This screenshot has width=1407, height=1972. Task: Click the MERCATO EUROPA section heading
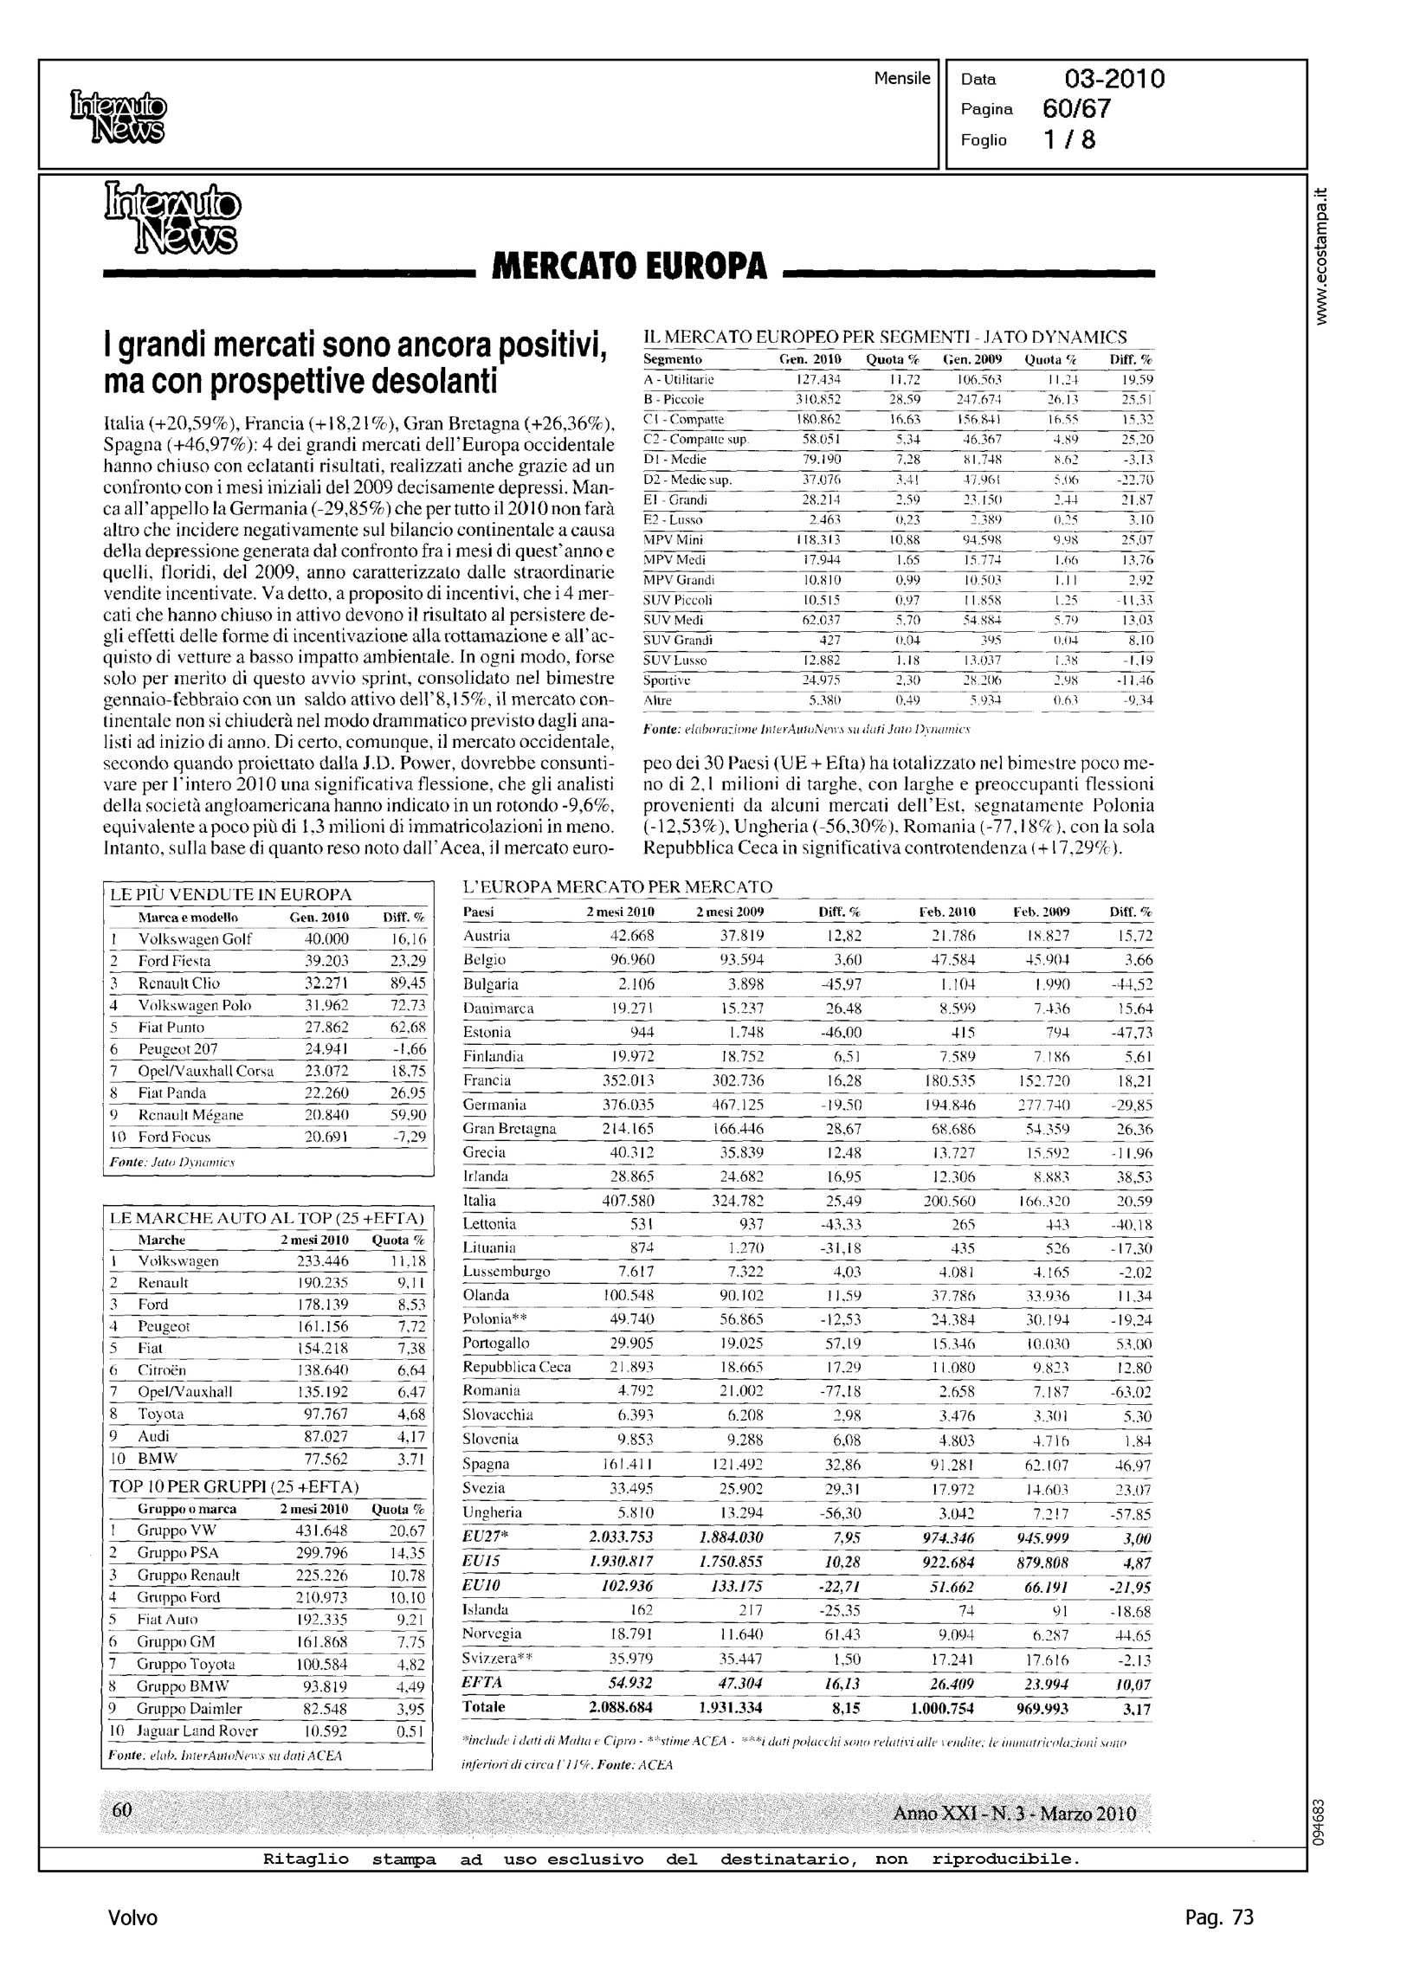[x=629, y=267]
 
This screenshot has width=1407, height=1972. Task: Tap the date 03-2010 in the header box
[x=1114, y=80]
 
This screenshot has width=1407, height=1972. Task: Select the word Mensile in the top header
[x=902, y=79]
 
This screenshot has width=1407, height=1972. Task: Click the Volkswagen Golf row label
[x=195, y=938]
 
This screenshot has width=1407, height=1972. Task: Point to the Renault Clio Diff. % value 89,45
[x=408, y=983]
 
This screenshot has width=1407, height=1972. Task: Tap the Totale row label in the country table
[x=484, y=1706]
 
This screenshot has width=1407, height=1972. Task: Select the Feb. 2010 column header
[x=947, y=912]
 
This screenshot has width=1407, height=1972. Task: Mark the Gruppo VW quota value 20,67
[x=407, y=1531]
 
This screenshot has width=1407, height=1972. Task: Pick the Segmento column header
[x=672, y=359]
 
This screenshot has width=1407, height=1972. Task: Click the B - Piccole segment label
[x=674, y=399]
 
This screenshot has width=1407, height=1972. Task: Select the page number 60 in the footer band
[x=122, y=1810]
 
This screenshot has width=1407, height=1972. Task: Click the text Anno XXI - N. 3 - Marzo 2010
[x=1014, y=1814]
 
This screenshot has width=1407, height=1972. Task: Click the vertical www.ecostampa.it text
[x=1321, y=257]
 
